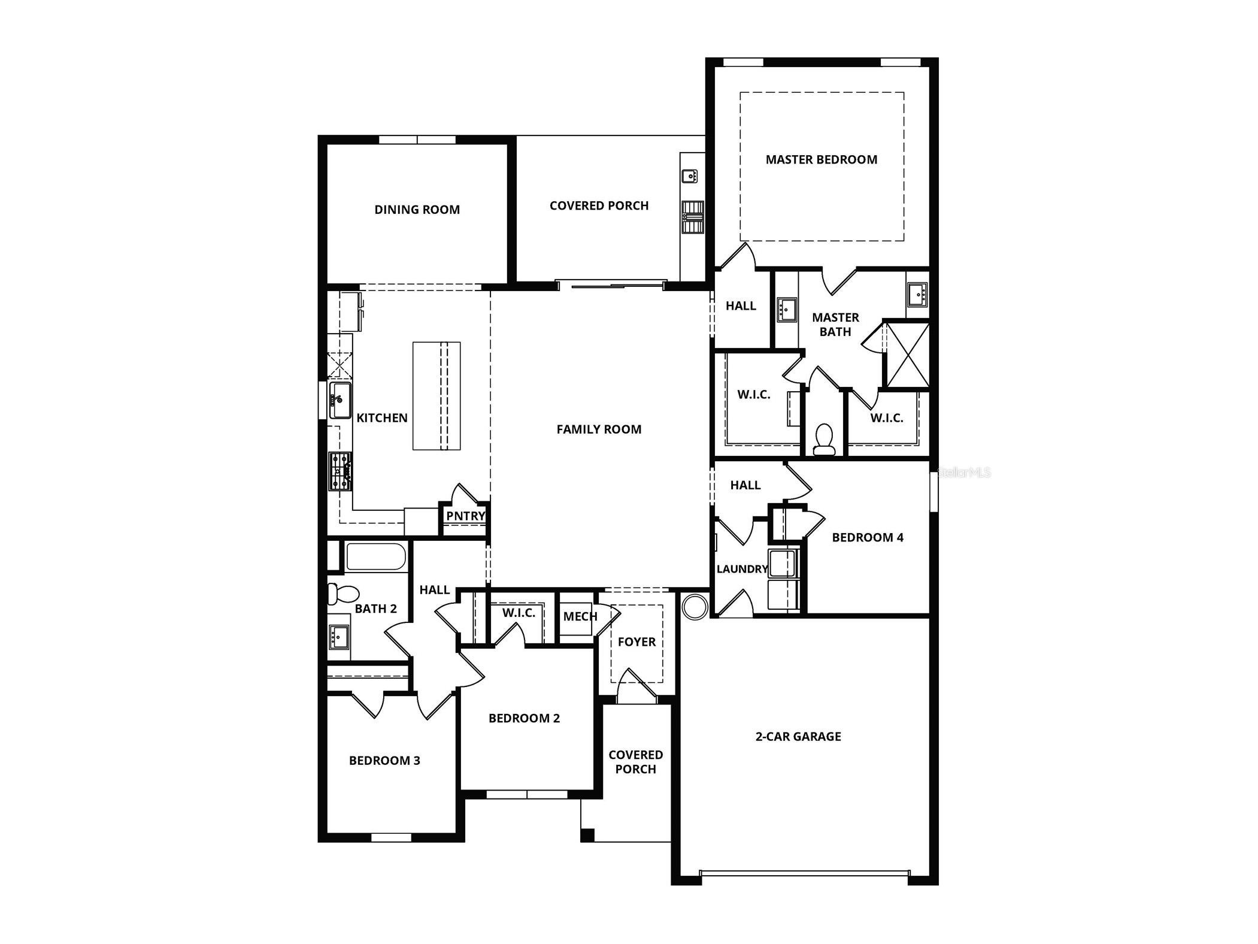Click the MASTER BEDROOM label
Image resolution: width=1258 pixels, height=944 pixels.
[821, 159]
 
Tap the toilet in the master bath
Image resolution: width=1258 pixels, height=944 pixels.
[824, 439]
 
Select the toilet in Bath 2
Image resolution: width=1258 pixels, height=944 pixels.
[342, 594]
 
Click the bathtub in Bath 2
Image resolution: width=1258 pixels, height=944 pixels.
[375, 556]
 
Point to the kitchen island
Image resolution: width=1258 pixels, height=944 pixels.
[436, 396]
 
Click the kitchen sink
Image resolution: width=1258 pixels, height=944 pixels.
[339, 400]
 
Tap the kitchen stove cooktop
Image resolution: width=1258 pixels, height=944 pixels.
[339, 471]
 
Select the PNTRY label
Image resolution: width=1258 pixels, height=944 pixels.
[465, 516]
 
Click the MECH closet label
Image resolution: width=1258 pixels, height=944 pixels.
[580, 616]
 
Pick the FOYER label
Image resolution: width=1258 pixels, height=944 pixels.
[636, 642]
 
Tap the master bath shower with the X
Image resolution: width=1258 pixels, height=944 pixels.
[907, 355]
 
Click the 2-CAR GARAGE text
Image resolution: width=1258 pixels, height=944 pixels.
[798, 737]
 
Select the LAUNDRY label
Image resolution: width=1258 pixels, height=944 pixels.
[742, 569]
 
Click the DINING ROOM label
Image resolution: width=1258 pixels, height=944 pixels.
[417, 210]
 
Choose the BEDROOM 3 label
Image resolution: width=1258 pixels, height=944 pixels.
[384, 761]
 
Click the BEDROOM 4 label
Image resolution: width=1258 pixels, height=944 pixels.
[867, 537]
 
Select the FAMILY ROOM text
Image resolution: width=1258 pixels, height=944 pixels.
[599, 429]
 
